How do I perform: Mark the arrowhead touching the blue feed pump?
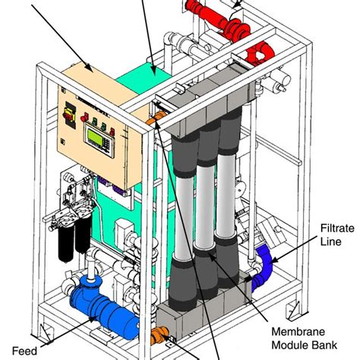click(x=97, y=319)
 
